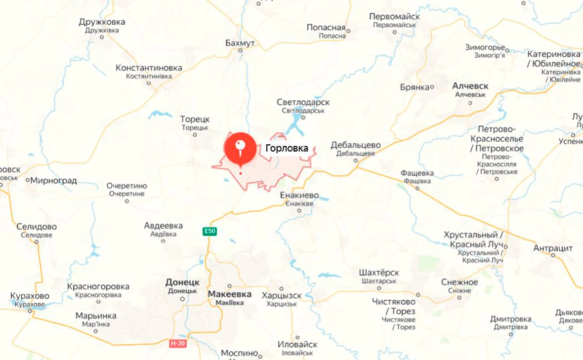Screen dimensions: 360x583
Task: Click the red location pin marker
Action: (x=240, y=148)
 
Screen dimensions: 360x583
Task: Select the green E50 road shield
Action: (x=209, y=231)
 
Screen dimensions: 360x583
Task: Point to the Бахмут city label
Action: (x=240, y=43)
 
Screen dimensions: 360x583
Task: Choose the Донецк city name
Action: (x=182, y=282)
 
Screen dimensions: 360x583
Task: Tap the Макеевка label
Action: (x=229, y=294)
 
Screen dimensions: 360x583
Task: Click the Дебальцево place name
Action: (x=356, y=145)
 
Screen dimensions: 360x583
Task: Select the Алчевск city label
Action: (x=470, y=86)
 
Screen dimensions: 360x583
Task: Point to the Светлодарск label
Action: (x=303, y=102)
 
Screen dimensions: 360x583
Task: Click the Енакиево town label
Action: (x=299, y=195)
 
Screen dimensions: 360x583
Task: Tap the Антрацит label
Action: (x=553, y=248)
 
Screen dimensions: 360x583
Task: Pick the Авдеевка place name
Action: (x=164, y=226)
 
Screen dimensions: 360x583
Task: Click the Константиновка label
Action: (x=149, y=68)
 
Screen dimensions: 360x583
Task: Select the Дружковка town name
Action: (x=102, y=22)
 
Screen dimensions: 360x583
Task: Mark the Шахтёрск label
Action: (x=379, y=273)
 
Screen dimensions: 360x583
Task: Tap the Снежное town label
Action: (x=459, y=282)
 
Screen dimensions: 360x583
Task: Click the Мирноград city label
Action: (x=53, y=180)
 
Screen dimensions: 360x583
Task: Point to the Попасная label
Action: (x=326, y=28)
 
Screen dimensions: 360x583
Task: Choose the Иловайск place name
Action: (x=297, y=345)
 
